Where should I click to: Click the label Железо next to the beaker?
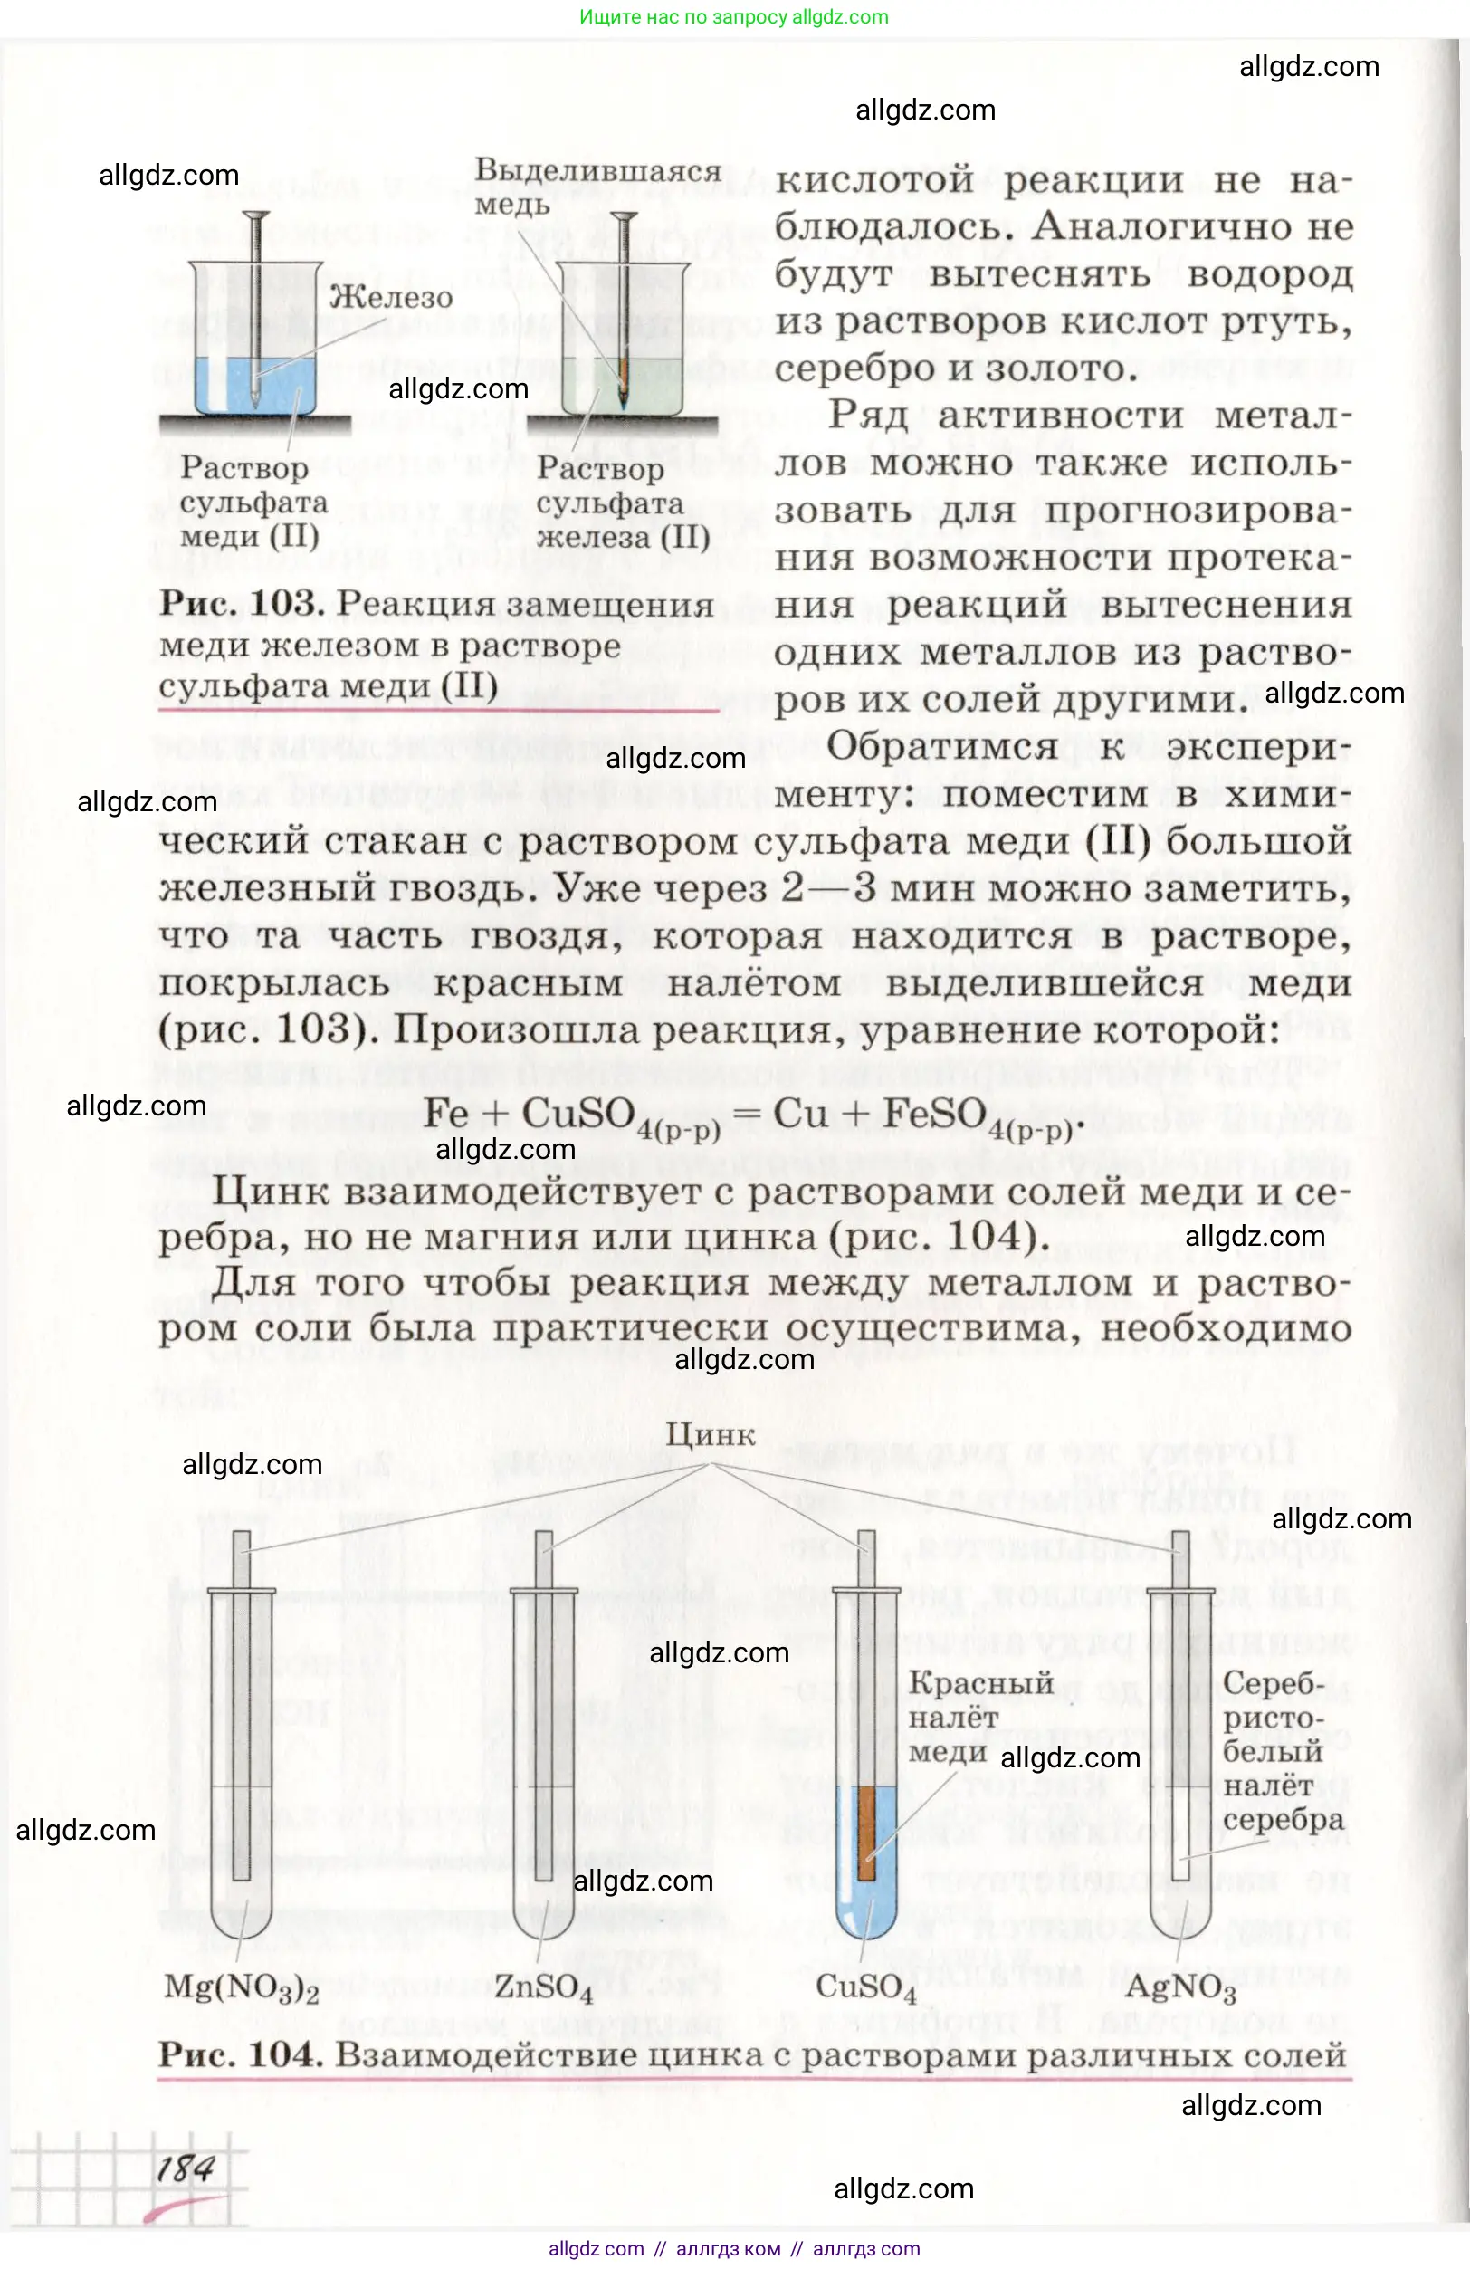point(391,298)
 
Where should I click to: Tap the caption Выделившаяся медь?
point(597,186)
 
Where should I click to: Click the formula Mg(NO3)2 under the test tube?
point(241,1987)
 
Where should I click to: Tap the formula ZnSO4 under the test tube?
point(542,1987)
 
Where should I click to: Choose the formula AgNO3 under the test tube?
point(1180,1987)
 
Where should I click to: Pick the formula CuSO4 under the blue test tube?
point(865,1987)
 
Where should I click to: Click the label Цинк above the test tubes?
point(711,1435)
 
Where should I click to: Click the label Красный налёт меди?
point(980,1717)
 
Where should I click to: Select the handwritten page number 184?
point(186,2169)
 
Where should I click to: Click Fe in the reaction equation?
point(445,1113)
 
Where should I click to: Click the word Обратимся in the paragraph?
point(942,746)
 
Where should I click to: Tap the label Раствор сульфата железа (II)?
point(622,503)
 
